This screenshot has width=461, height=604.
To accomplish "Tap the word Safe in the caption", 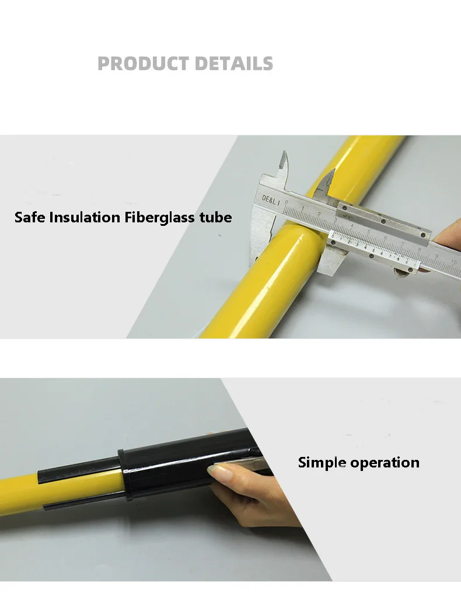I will (30, 218).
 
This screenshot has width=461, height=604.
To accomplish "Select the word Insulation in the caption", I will (85, 218).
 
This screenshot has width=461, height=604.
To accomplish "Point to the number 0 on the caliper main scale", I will (287, 203).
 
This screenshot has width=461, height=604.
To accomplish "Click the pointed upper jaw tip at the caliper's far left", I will (283, 159).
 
